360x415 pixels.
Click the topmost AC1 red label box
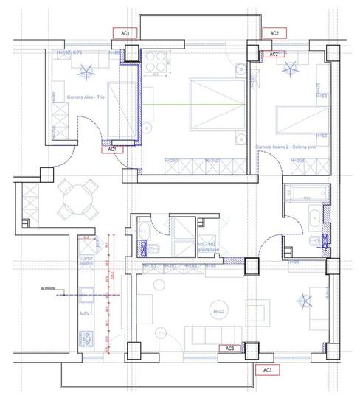point(125,34)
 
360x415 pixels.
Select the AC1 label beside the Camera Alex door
point(112,150)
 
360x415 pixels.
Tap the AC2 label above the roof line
point(274,34)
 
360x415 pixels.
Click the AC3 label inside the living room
point(229,348)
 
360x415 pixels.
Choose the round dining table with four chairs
point(76,198)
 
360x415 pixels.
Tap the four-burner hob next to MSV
point(86,340)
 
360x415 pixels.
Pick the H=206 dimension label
point(297,161)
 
